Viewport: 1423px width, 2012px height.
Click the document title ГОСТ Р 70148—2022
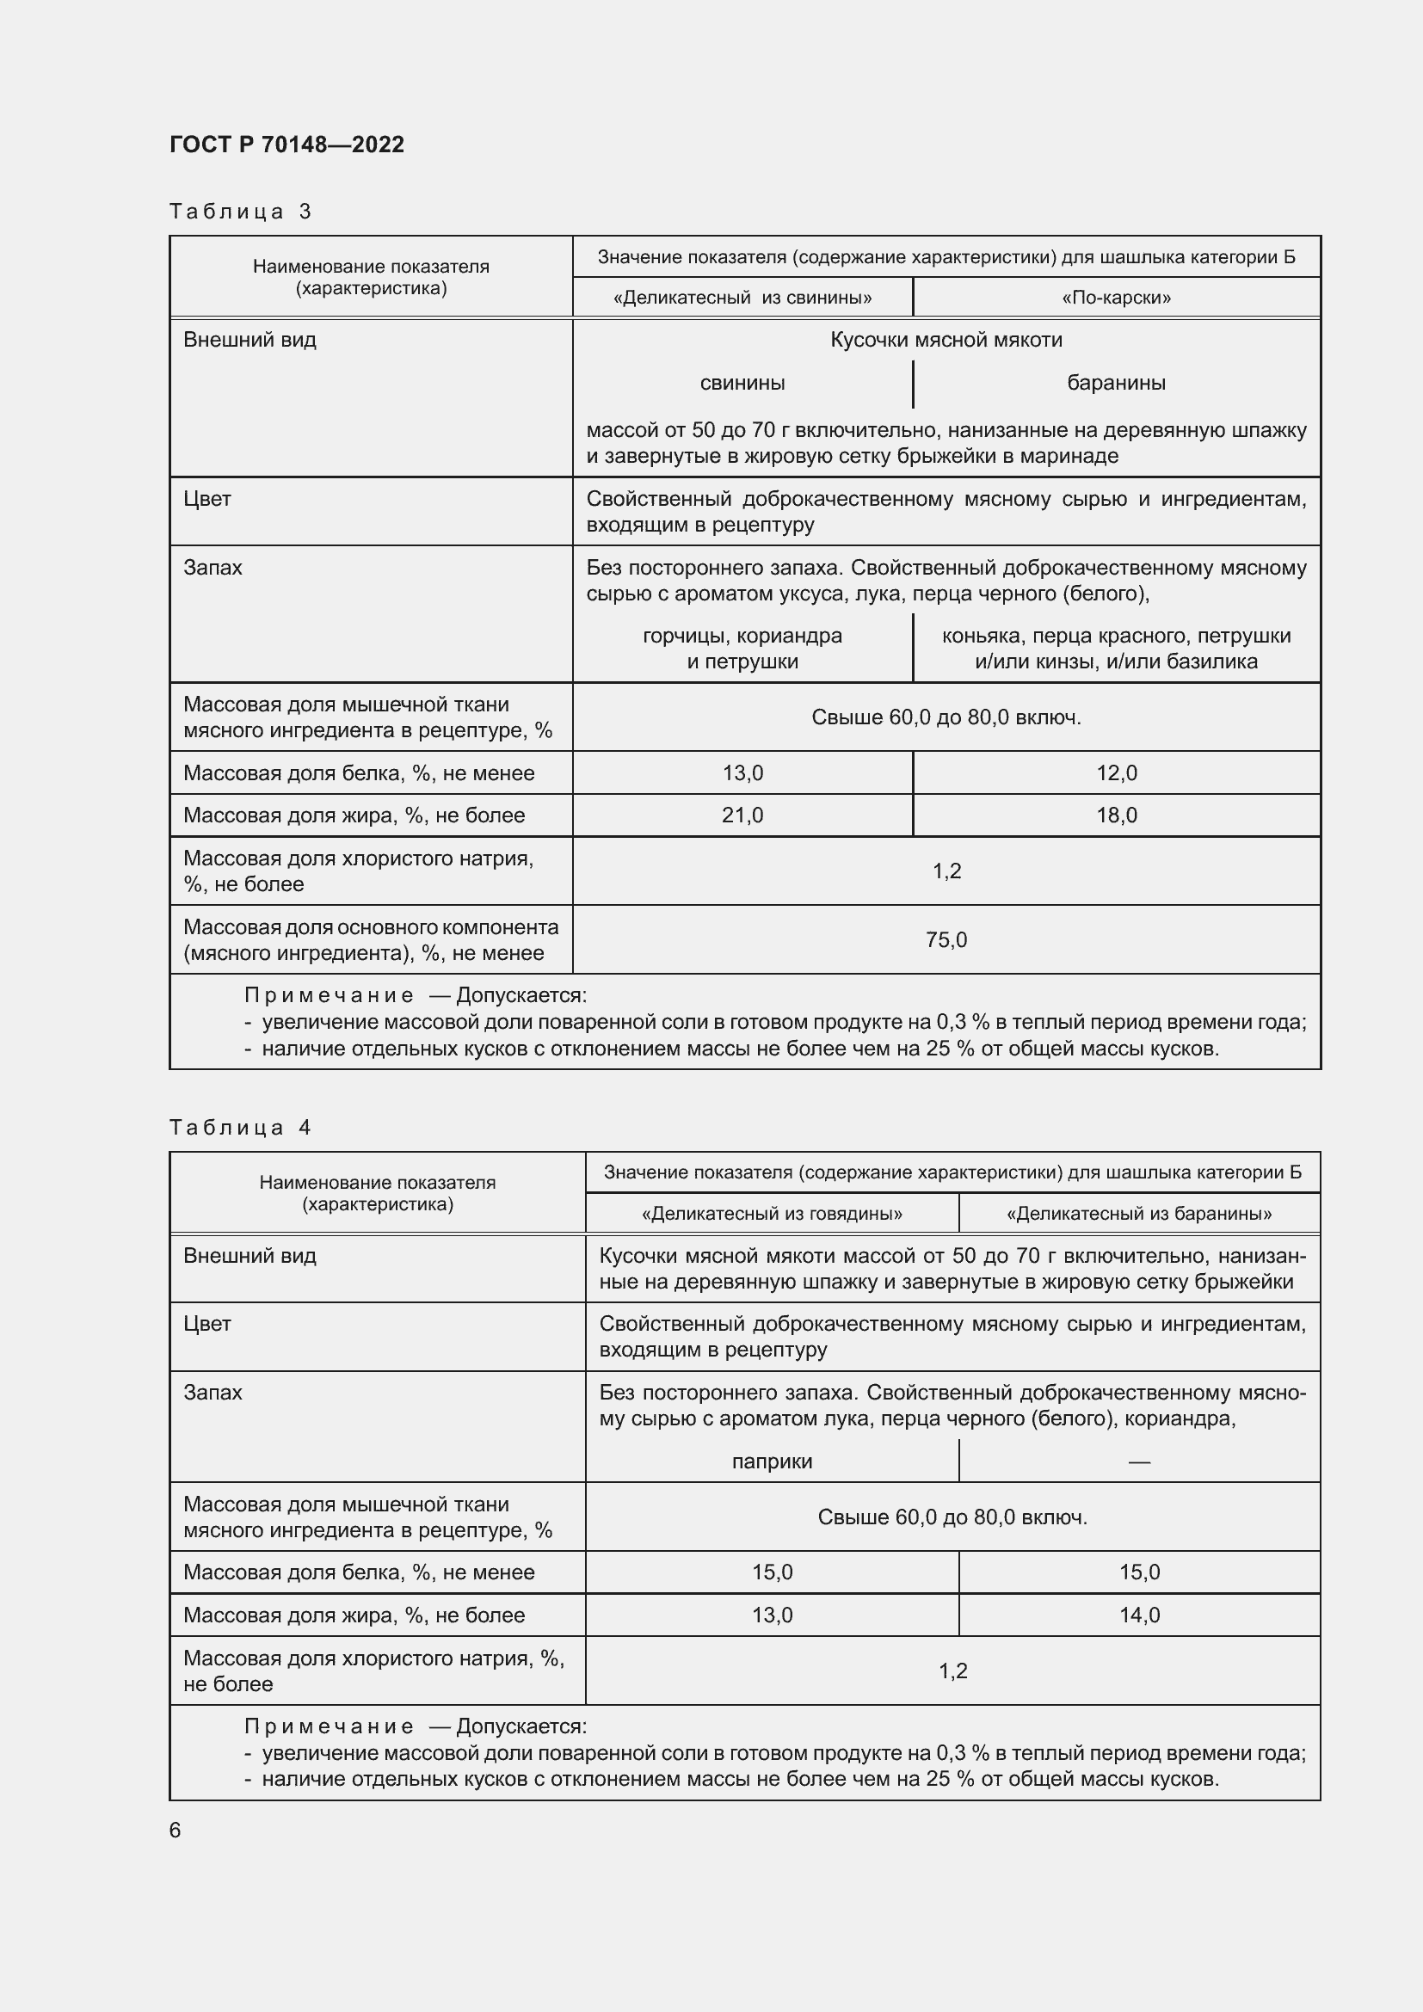pos(286,145)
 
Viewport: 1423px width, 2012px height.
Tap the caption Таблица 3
pos(240,212)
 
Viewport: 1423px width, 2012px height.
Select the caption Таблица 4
pos(240,1127)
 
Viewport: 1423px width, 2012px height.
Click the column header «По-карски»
pos(1116,298)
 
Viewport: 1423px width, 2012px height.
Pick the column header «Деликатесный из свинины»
pos(742,298)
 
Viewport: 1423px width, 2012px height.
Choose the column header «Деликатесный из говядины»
pos(771,1214)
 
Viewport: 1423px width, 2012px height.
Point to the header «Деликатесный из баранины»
pos(1138,1214)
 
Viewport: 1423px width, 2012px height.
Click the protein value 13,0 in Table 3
pos(742,773)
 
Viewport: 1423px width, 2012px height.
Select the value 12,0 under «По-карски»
pos(1116,773)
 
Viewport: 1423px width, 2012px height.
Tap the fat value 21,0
pos(742,815)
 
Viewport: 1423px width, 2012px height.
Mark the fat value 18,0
pos(1116,815)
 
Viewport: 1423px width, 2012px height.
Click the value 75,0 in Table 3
pos(946,939)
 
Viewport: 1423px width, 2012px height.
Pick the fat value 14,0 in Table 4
pos(1138,1615)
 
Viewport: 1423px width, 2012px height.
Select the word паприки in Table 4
pos(771,1461)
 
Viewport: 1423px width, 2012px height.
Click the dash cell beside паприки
pos(1138,1461)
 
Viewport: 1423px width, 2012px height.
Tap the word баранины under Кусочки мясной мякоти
pos(1116,383)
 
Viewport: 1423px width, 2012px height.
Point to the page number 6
pos(176,1830)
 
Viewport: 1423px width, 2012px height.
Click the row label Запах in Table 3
pos(213,568)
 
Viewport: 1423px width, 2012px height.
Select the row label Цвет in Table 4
pos(207,1323)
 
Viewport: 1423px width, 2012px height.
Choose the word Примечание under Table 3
pos(329,995)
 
